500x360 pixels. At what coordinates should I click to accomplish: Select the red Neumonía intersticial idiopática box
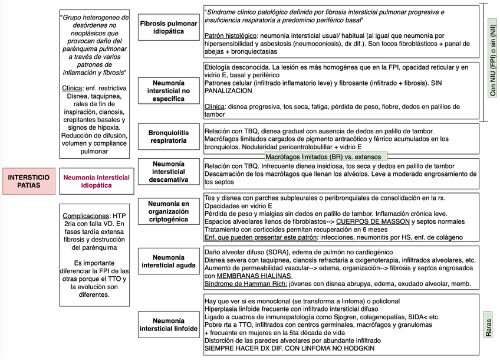pos(96,181)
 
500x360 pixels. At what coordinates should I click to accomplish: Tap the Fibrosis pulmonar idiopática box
pos(168,27)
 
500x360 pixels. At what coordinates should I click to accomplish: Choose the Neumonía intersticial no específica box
pos(168,91)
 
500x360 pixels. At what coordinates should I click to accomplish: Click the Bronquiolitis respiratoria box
pos(168,136)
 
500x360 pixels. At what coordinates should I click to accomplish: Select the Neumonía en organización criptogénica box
pos(168,211)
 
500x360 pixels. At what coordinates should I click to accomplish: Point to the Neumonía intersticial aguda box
pos(168,261)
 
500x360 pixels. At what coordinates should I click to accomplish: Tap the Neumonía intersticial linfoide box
pos(168,324)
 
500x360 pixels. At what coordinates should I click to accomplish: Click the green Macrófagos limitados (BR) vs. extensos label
pos(326,157)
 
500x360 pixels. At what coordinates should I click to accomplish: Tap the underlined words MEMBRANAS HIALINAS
pos(254,276)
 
